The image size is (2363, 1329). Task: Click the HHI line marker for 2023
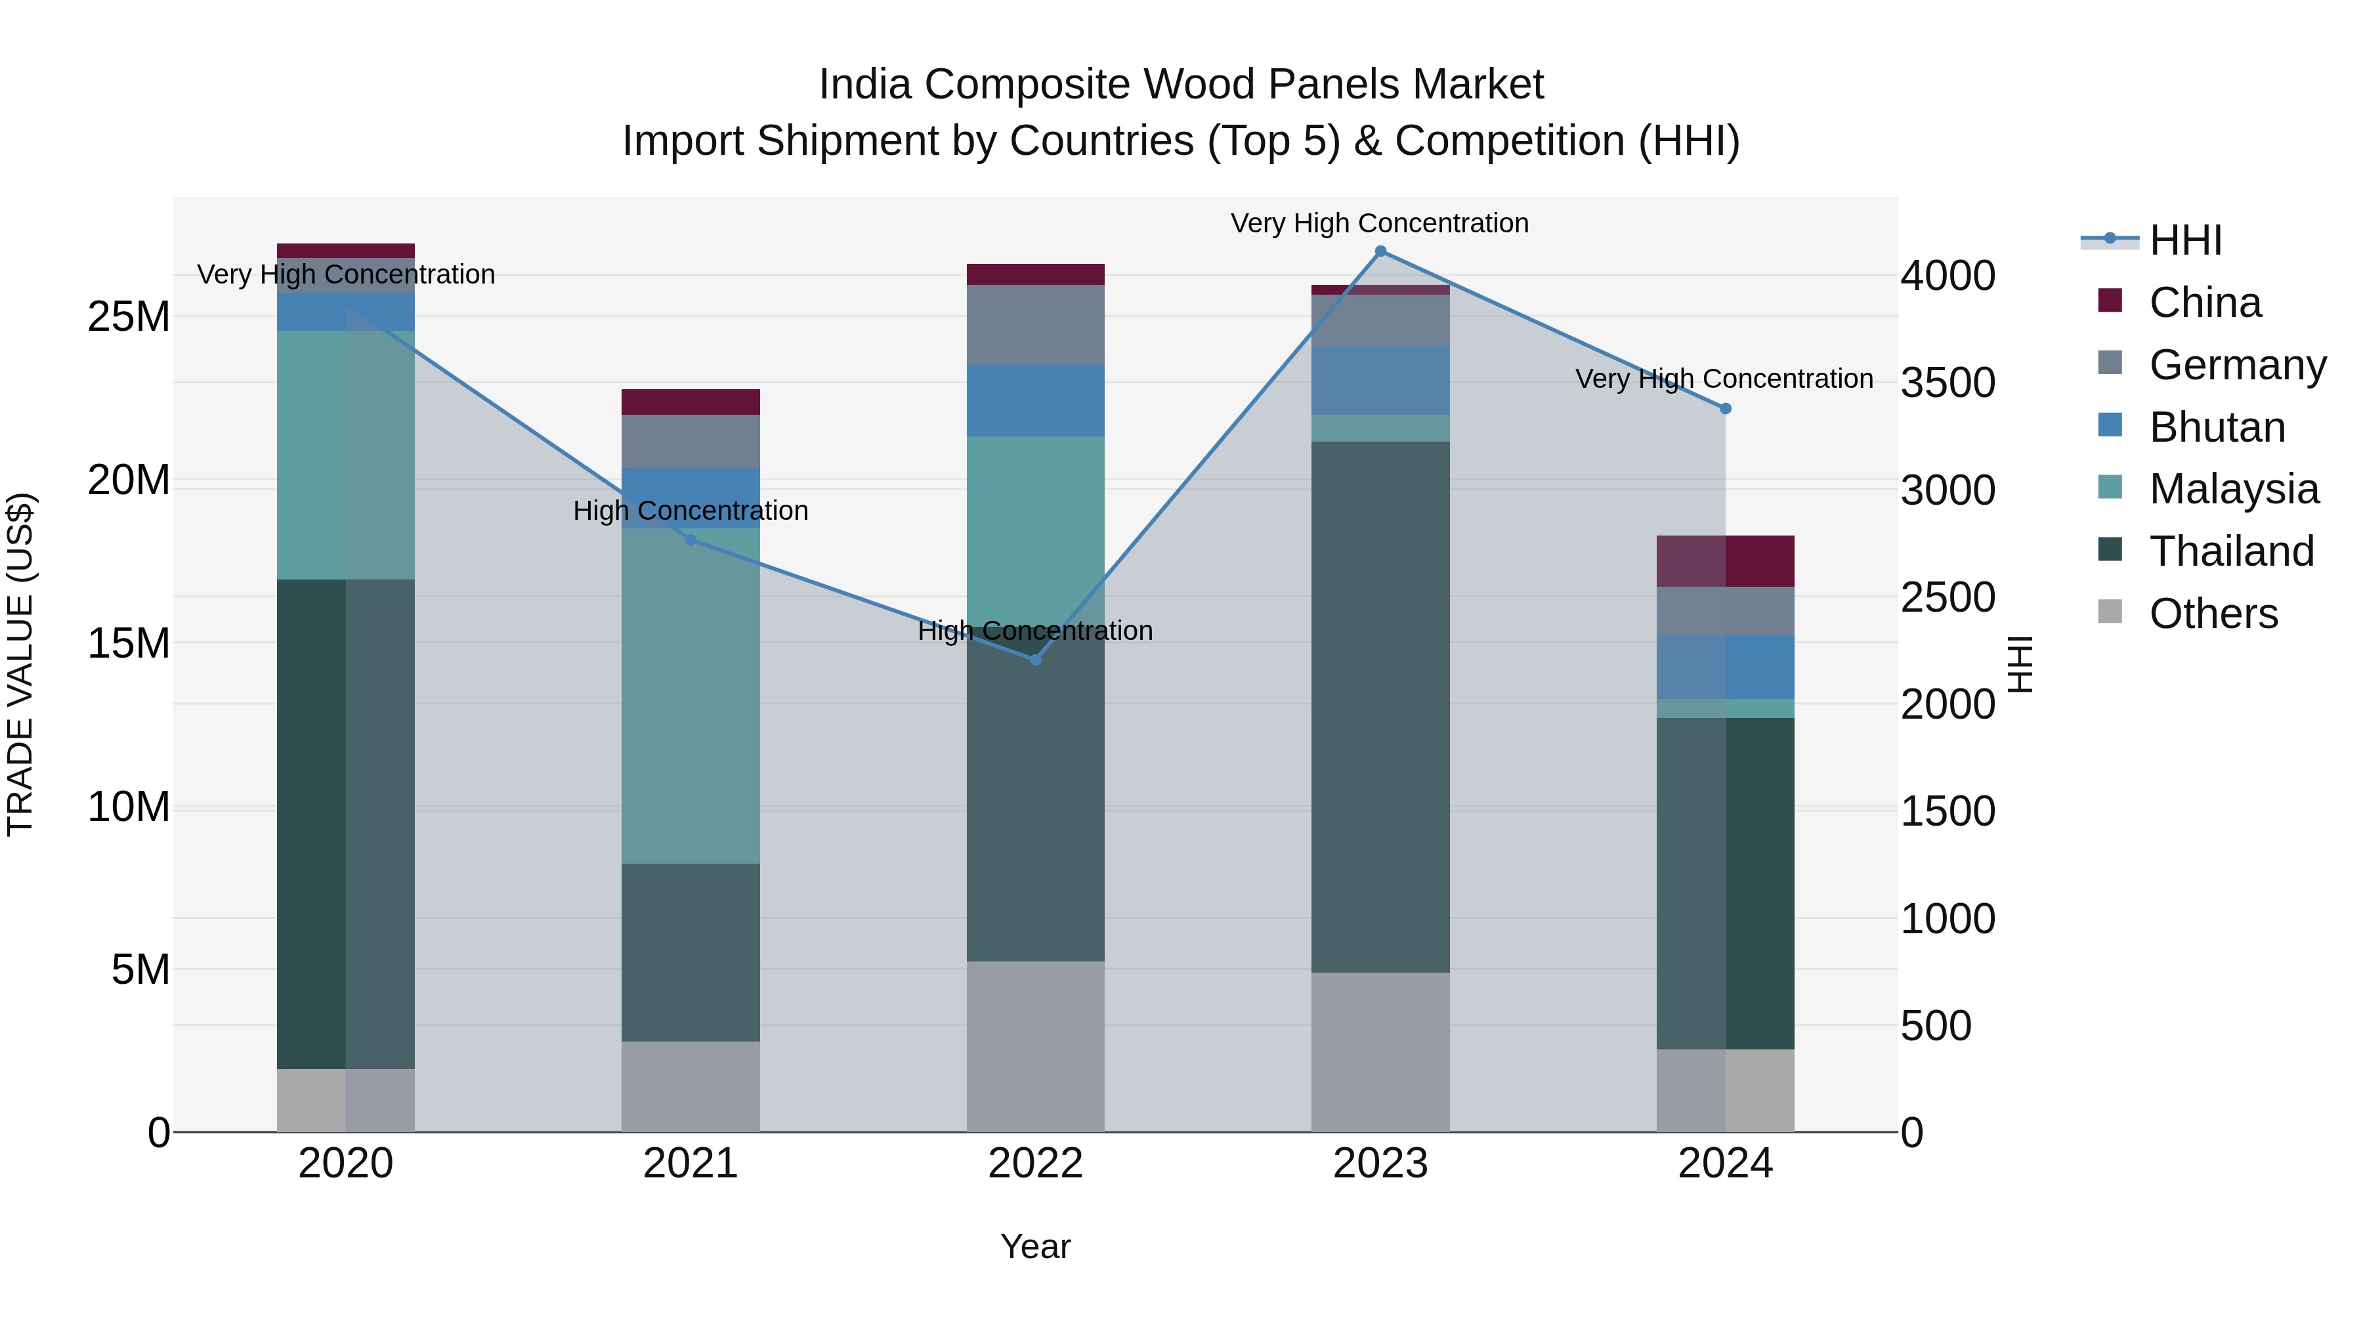[x=1380, y=251]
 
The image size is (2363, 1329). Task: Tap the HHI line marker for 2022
[x=1036, y=660]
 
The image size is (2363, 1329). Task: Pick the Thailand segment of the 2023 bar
[x=1380, y=706]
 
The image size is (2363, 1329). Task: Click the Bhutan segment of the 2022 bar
[x=1036, y=401]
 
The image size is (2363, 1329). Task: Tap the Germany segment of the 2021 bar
[x=691, y=441]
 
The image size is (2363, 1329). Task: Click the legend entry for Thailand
[x=2231, y=551]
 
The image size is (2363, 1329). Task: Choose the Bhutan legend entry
[x=2216, y=427]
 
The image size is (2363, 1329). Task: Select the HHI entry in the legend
[x=2184, y=240]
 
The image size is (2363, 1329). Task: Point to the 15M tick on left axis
[x=129, y=643]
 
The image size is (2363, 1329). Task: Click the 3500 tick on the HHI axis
[x=1948, y=383]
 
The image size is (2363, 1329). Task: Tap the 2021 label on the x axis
[x=691, y=1164]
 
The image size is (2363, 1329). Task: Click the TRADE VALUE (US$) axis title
[x=20, y=664]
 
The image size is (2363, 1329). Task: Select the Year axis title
[x=1036, y=1246]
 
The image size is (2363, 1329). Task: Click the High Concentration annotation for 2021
[x=691, y=510]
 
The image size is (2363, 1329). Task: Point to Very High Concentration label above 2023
[x=1380, y=223]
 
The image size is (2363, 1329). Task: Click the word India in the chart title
[x=864, y=85]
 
